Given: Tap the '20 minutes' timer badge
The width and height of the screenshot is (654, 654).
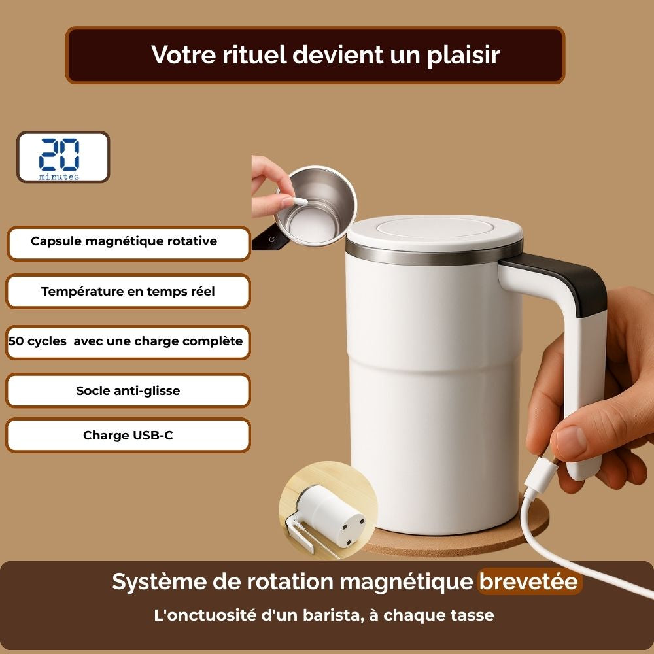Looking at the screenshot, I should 63,157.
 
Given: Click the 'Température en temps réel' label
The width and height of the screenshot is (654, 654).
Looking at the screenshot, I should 128,292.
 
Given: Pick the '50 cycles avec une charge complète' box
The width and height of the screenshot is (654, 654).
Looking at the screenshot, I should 128,341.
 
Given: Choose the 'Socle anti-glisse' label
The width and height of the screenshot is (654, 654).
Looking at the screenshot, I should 128,391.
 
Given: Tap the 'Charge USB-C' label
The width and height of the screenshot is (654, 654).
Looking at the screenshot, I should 128,436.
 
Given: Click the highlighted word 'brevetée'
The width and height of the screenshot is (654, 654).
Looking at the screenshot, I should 529,581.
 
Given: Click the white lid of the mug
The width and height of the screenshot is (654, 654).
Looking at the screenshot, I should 434,230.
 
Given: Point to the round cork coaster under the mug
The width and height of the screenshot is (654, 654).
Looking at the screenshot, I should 484,540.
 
